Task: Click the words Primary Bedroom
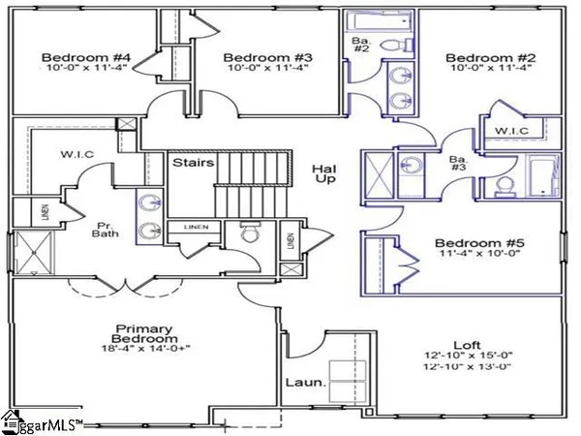click(144, 334)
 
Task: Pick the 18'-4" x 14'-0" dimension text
click(144, 348)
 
